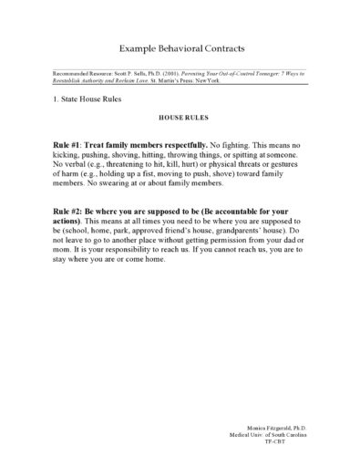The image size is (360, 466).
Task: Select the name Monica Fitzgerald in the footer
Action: pyautogui.click(x=272, y=426)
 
